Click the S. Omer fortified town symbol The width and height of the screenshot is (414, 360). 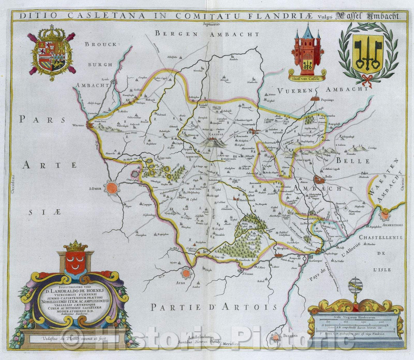pyautogui.click(x=111, y=188)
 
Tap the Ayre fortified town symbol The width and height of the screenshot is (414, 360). pyautogui.click(x=186, y=273)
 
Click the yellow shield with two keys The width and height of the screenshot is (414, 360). pyautogui.click(x=368, y=54)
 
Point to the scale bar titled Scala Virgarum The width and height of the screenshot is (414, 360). pyautogui.click(x=355, y=319)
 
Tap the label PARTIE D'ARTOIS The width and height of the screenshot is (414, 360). pyautogui.click(x=214, y=307)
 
